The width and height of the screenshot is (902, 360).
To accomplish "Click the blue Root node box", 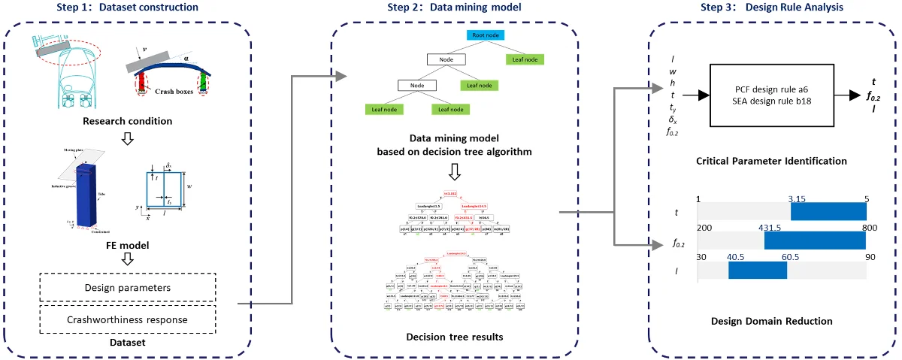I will [x=486, y=35].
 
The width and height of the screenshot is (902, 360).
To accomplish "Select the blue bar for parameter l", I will [x=757, y=270].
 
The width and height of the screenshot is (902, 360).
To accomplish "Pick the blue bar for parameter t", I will [x=828, y=213].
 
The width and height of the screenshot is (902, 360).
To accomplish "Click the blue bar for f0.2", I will [x=815, y=241].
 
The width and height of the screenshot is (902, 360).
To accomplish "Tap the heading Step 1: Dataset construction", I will [x=127, y=8].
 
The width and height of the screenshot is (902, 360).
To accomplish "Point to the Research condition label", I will [x=127, y=121].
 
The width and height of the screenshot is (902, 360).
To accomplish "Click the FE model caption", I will [x=127, y=244].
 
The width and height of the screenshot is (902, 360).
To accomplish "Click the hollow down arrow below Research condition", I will [x=127, y=138].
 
